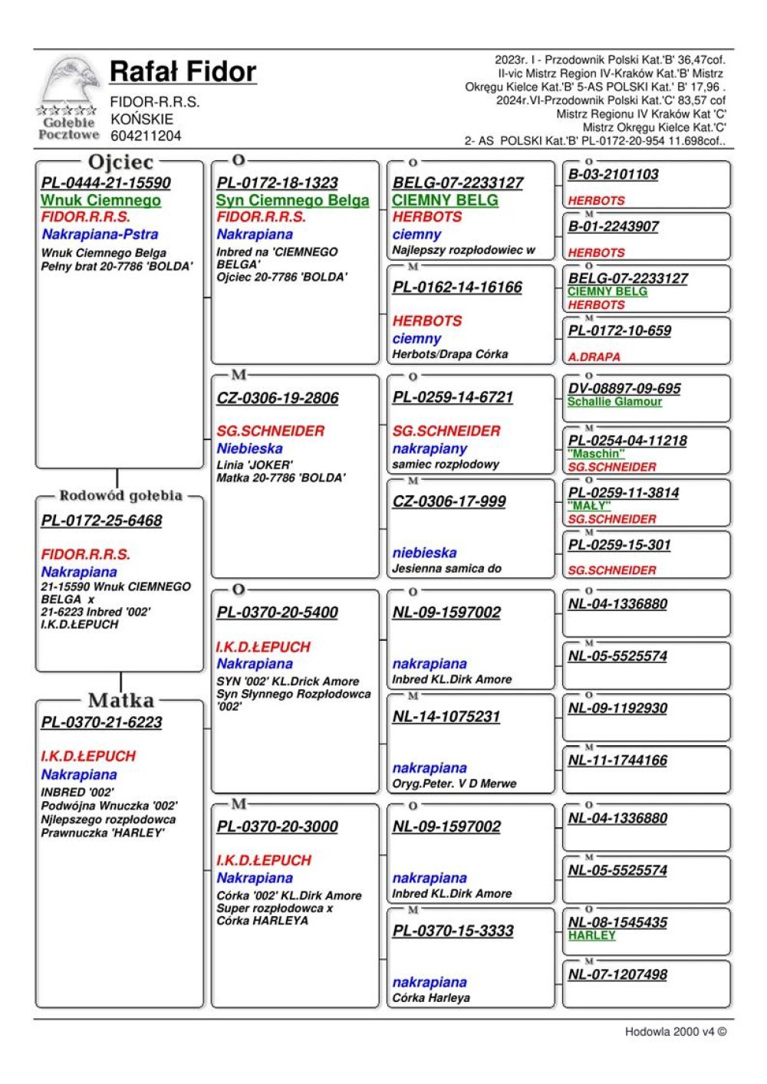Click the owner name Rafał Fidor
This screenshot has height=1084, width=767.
click(x=183, y=72)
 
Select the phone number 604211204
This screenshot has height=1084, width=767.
click(x=146, y=136)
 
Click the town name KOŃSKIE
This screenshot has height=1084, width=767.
click(x=142, y=119)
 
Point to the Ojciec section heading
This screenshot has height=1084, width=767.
click(x=121, y=162)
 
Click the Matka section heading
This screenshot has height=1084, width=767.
click(x=121, y=700)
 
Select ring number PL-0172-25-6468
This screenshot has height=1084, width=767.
click(x=102, y=521)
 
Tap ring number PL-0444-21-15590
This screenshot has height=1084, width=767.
click(x=106, y=182)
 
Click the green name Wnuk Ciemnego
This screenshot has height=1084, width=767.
click(x=100, y=200)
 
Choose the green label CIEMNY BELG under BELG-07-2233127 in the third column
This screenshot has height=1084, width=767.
click(x=445, y=200)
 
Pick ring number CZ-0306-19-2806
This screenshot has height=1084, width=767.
click(x=278, y=398)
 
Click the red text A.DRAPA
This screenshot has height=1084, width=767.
click(x=594, y=356)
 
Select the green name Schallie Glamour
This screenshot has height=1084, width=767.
click(x=614, y=402)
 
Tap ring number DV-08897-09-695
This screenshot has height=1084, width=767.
click(x=624, y=389)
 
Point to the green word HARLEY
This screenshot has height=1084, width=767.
click(x=591, y=935)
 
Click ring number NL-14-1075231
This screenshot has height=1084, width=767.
click(x=446, y=717)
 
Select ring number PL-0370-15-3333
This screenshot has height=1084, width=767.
click(x=453, y=931)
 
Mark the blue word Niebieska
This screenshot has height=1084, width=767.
click(x=249, y=448)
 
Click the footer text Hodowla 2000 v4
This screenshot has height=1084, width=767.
click(x=675, y=1031)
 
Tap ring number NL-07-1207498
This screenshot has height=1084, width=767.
click(x=617, y=974)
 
